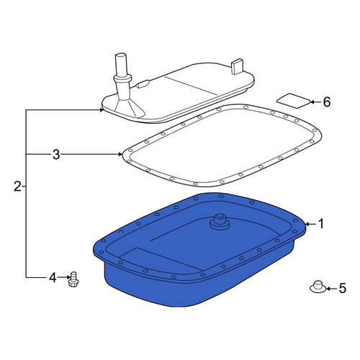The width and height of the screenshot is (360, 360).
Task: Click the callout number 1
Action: [320, 224]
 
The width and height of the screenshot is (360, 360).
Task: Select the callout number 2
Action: [17, 186]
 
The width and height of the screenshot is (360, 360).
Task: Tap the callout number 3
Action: [56, 154]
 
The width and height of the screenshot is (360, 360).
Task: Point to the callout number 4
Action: [53, 277]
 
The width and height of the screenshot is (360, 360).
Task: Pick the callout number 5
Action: [342, 288]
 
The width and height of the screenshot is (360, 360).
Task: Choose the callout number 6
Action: [327, 102]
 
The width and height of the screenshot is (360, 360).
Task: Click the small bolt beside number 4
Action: [73, 279]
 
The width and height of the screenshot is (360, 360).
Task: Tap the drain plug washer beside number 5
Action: [318, 287]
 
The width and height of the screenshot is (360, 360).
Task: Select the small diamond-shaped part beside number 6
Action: [294, 101]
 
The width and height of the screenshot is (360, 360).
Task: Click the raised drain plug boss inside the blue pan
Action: [219, 221]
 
